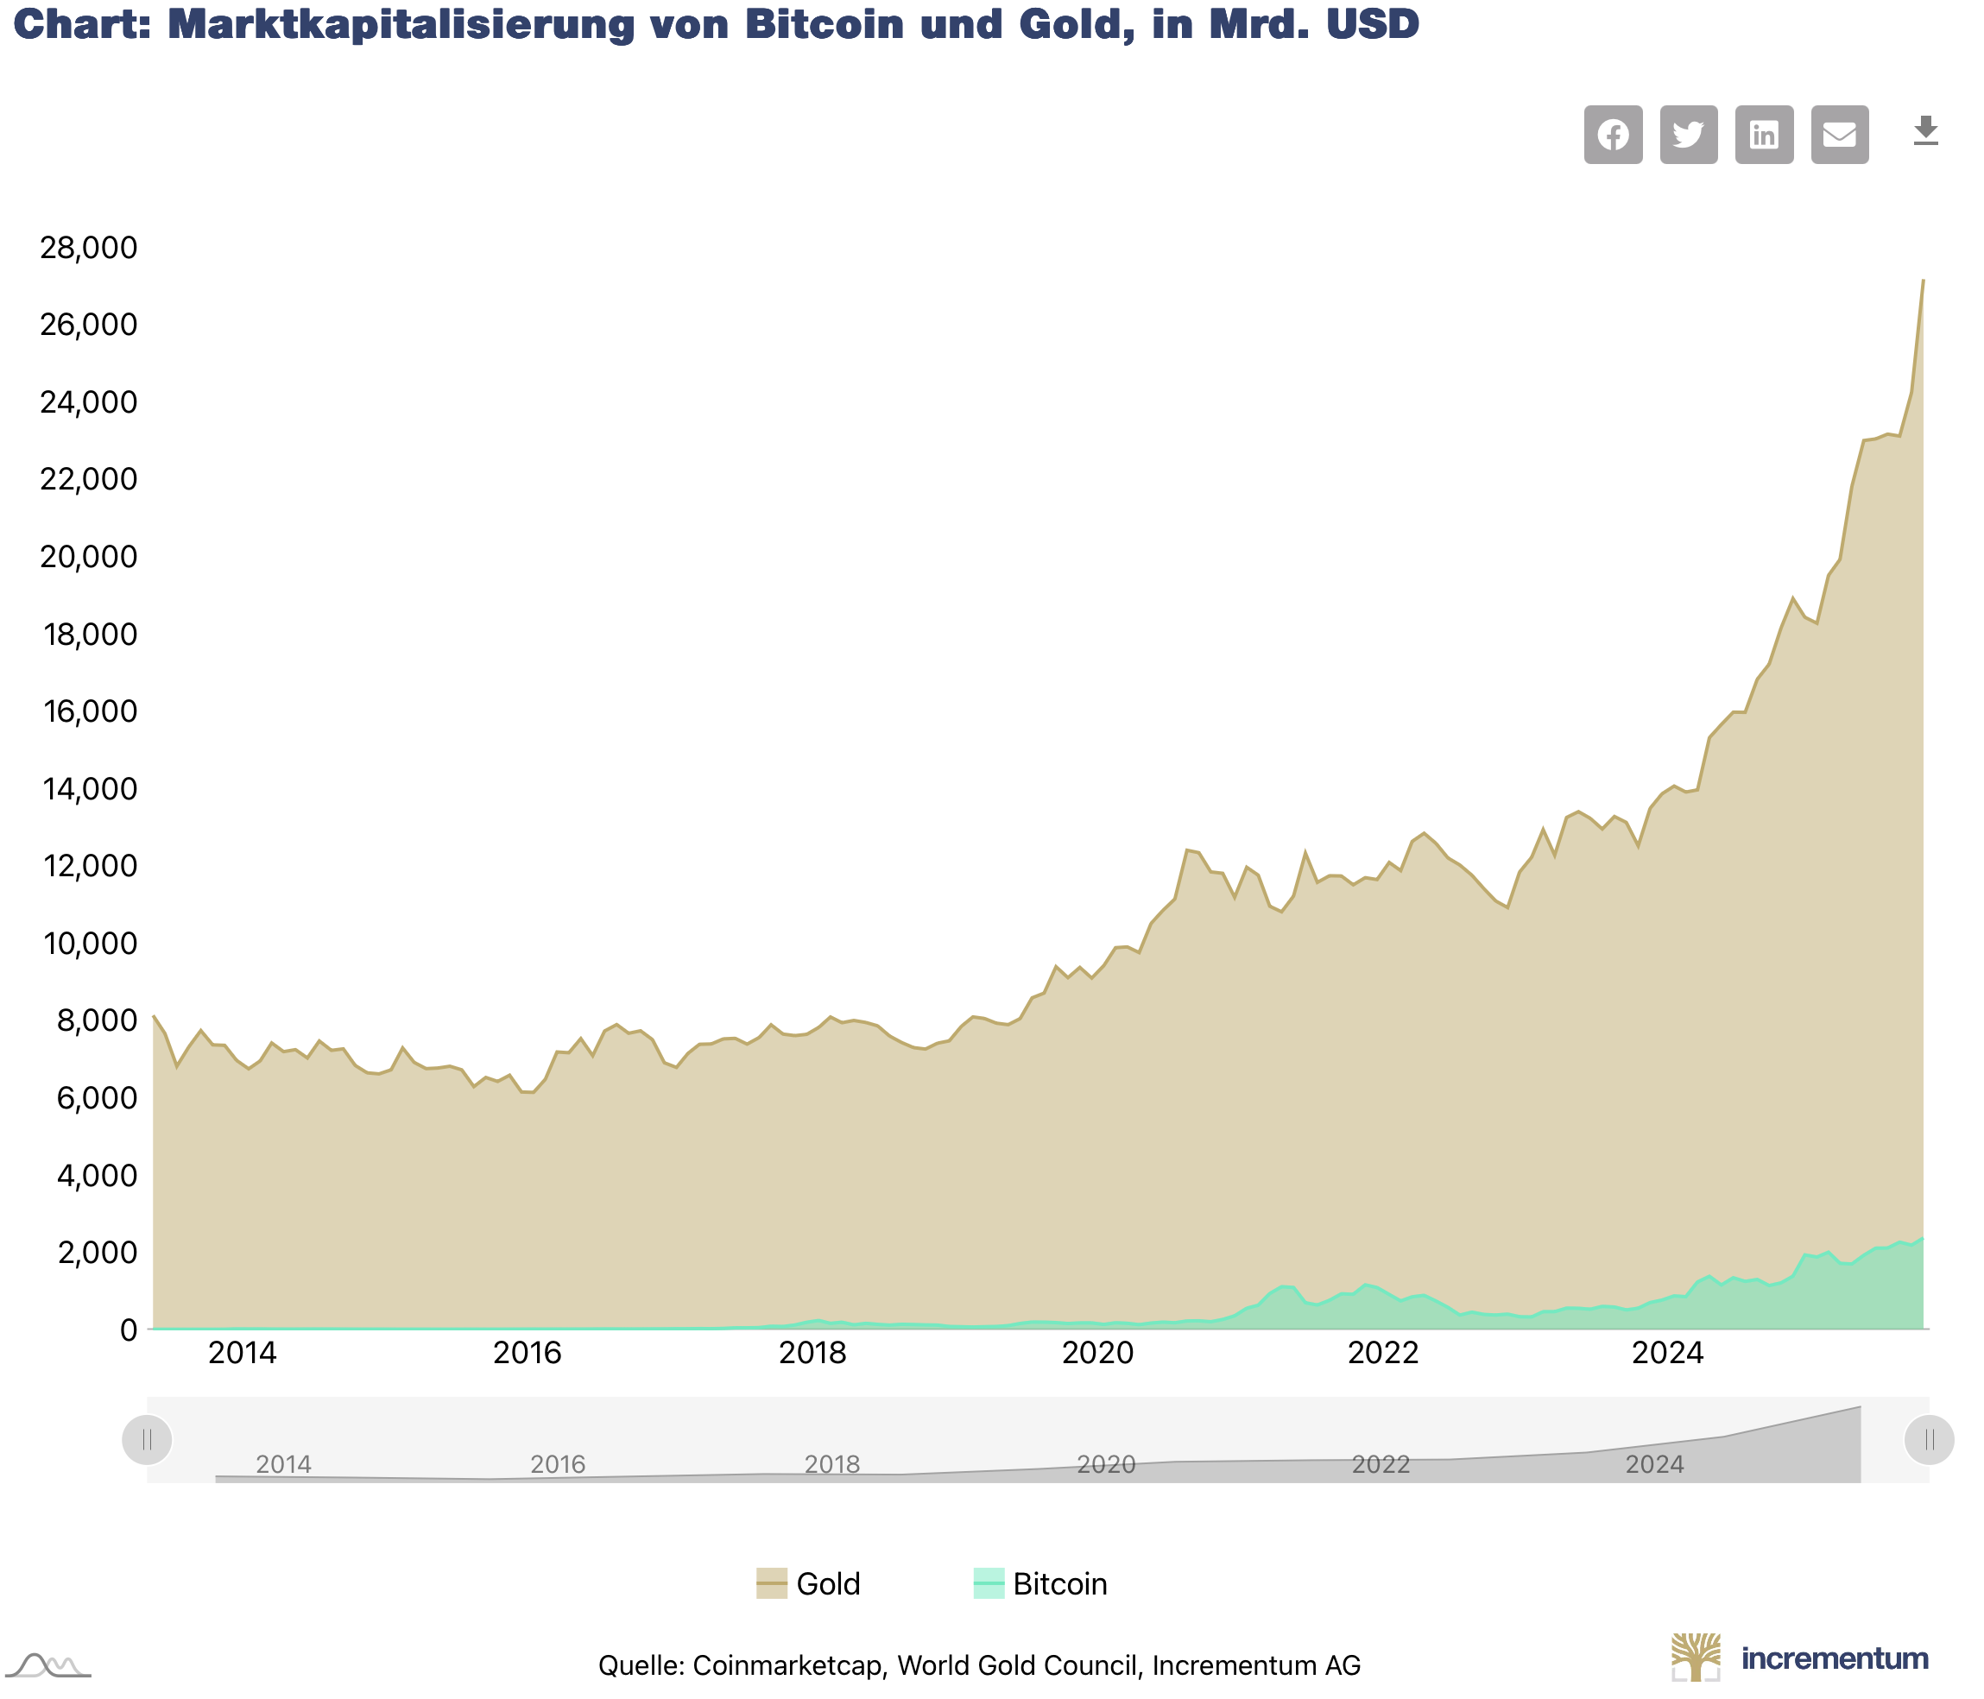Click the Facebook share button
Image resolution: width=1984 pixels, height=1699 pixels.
point(1613,135)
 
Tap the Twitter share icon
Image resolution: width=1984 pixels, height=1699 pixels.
point(1688,135)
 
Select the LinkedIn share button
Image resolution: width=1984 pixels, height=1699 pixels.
point(1764,135)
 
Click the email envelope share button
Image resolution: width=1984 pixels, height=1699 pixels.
point(1840,135)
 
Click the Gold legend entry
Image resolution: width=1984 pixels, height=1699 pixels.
point(809,1584)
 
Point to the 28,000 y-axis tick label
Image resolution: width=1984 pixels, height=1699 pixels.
point(88,248)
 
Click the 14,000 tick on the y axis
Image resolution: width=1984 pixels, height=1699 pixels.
point(88,789)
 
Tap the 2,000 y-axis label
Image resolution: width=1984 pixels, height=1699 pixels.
point(96,1253)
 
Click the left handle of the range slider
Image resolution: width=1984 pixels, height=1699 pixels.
point(148,1439)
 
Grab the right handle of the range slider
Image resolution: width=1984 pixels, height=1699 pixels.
point(1929,1439)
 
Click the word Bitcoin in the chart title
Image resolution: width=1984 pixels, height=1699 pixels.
point(824,25)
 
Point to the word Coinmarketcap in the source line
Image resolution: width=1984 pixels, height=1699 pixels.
point(787,1665)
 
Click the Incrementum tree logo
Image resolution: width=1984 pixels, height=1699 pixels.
point(1696,1657)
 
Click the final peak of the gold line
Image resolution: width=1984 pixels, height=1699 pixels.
point(1923,281)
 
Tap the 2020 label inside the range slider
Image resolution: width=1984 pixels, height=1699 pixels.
point(1106,1464)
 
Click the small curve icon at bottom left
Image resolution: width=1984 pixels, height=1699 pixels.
point(47,1665)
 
